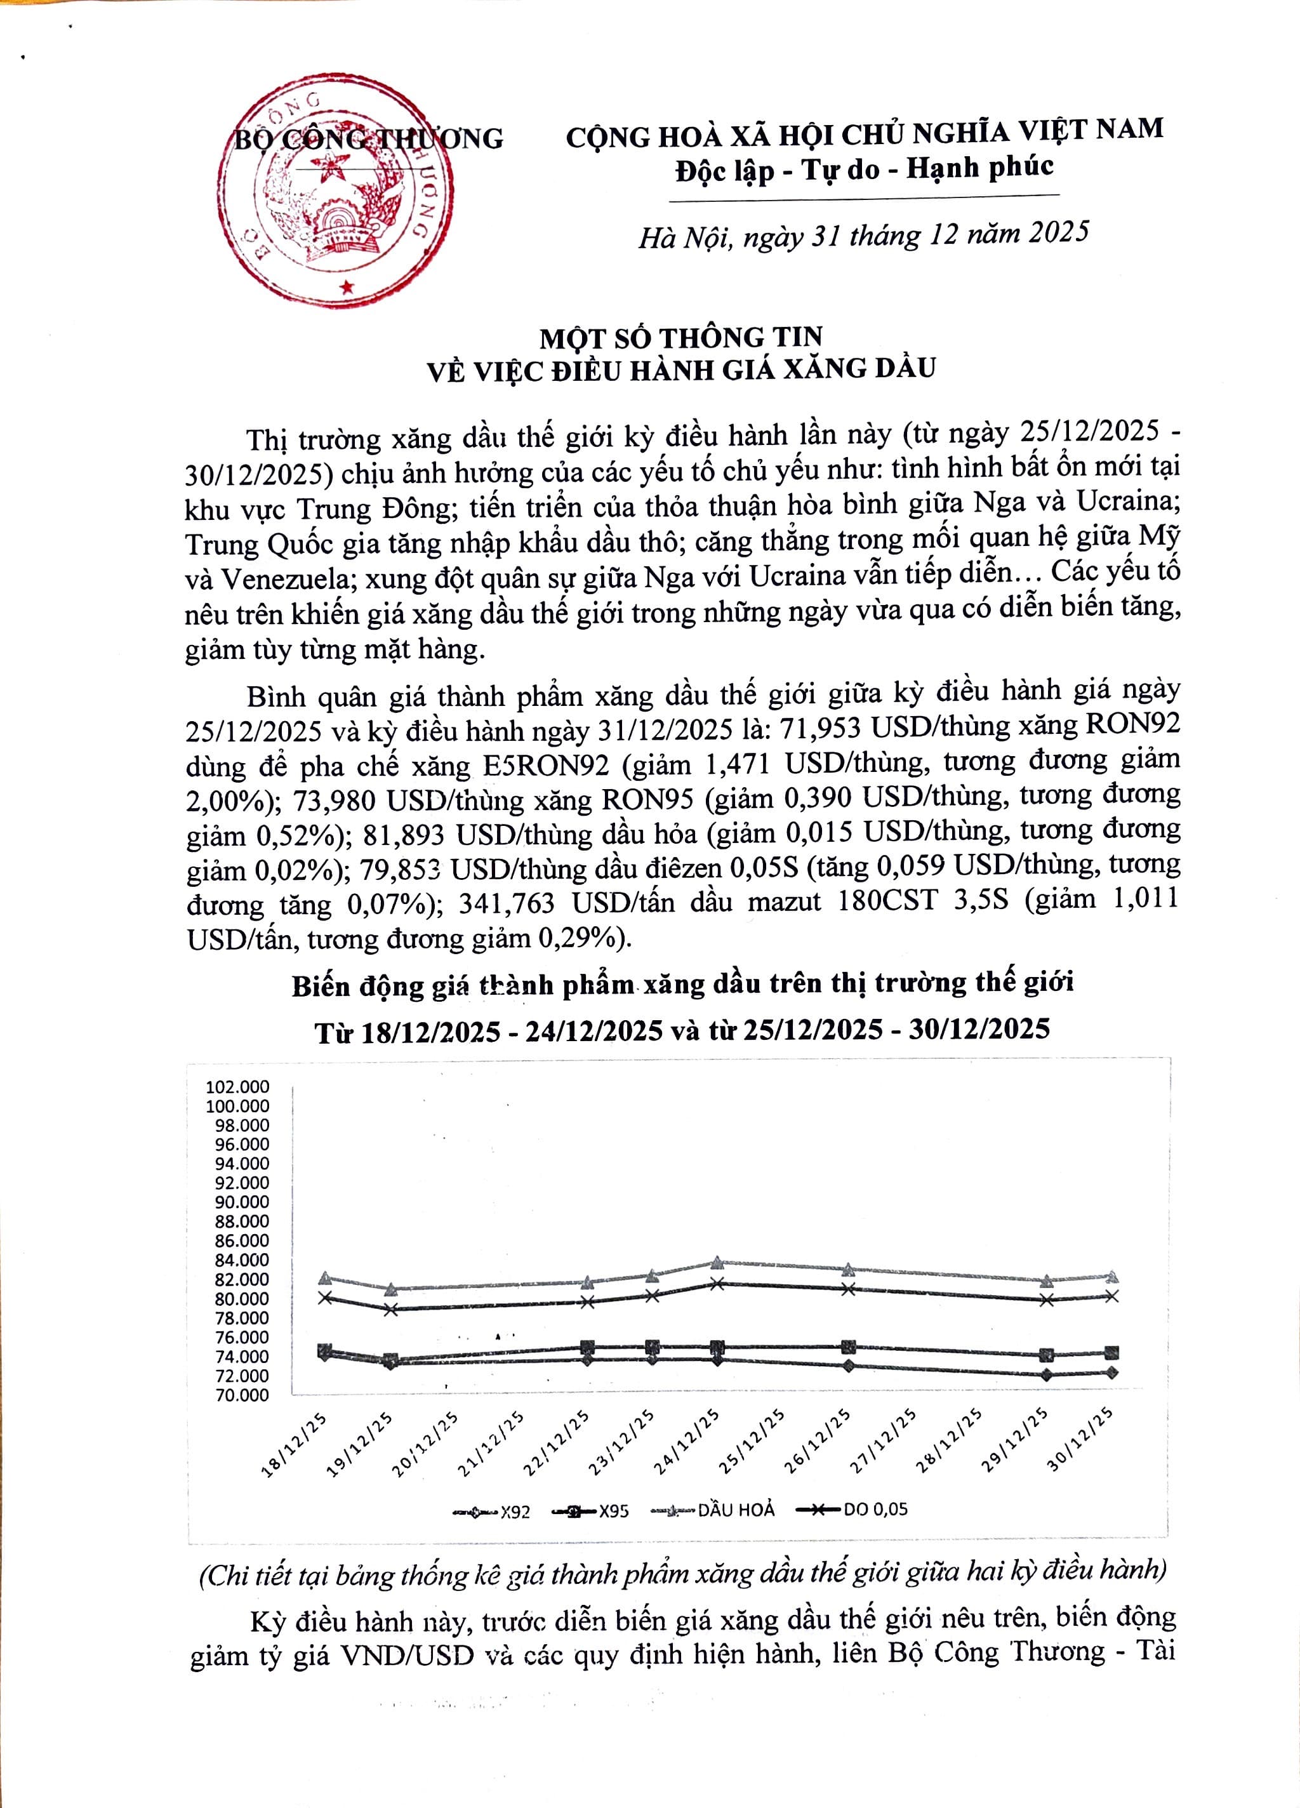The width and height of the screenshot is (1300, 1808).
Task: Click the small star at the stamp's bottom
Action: click(346, 286)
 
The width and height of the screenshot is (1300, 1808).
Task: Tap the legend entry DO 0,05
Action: click(854, 1509)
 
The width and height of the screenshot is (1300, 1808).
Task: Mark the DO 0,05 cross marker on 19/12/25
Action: click(390, 1309)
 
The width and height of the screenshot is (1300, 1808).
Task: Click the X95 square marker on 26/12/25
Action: click(849, 1347)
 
